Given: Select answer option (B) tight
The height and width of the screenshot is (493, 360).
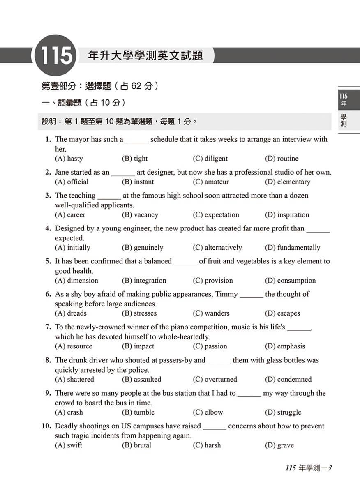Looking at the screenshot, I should [x=134, y=159].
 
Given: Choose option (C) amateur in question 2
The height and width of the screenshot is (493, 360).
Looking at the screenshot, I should [x=210, y=182].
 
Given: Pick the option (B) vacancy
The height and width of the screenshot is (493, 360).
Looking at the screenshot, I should [x=140, y=215].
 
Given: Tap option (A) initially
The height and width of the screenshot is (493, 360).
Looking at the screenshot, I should [x=72, y=248].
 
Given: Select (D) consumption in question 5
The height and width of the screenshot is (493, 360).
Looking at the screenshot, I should [x=290, y=281].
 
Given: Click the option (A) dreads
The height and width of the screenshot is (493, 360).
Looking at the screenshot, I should [x=71, y=313].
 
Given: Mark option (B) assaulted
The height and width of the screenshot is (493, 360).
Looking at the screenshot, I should [x=141, y=380].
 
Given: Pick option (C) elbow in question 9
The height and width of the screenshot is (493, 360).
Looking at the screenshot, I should [x=208, y=412].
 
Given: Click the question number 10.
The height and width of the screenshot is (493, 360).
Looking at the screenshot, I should [x=46, y=426].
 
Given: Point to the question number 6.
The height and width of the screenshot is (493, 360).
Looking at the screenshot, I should [x=48, y=294].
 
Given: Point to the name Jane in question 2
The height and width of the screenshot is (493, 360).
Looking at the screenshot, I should [x=62, y=172].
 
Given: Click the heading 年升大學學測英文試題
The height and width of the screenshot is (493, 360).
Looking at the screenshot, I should [x=145, y=55].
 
